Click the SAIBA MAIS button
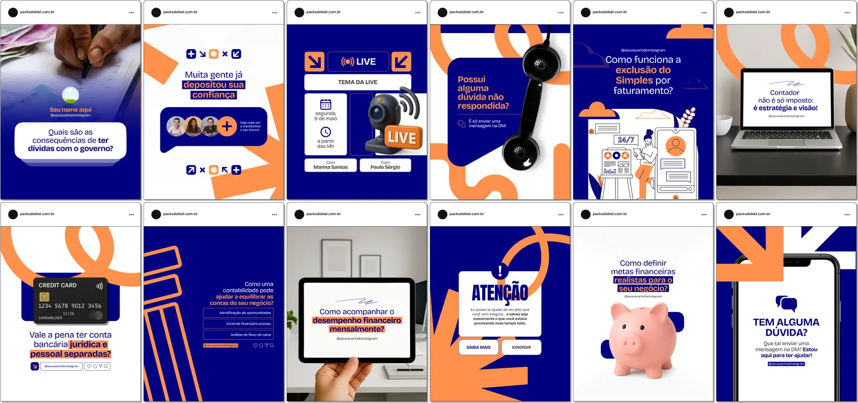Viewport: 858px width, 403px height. point(478,347)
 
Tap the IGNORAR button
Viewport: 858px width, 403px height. point(521,347)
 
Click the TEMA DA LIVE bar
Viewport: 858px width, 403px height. point(357,82)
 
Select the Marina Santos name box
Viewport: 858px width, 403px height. point(330,165)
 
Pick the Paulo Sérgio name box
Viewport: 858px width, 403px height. point(385,165)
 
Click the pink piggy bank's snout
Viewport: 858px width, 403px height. point(630,343)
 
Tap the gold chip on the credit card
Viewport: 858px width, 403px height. point(44,297)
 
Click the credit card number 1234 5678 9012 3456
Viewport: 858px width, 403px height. point(70,306)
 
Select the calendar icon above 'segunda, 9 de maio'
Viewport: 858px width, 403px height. point(326,104)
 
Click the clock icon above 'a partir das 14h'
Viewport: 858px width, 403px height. point(326,132)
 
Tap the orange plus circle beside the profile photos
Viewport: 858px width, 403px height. point(227,126)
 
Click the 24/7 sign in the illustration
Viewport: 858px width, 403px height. point(625,139)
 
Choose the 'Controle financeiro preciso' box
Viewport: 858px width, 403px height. point(238,324)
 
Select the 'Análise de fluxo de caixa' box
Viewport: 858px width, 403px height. point(238,335)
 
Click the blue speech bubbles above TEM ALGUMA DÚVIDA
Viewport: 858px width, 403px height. point(786,303)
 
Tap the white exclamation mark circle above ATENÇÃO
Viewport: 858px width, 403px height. point(500,271)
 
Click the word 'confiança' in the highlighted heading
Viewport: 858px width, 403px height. point(214,95)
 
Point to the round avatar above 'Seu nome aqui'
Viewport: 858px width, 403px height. point(71,95)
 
